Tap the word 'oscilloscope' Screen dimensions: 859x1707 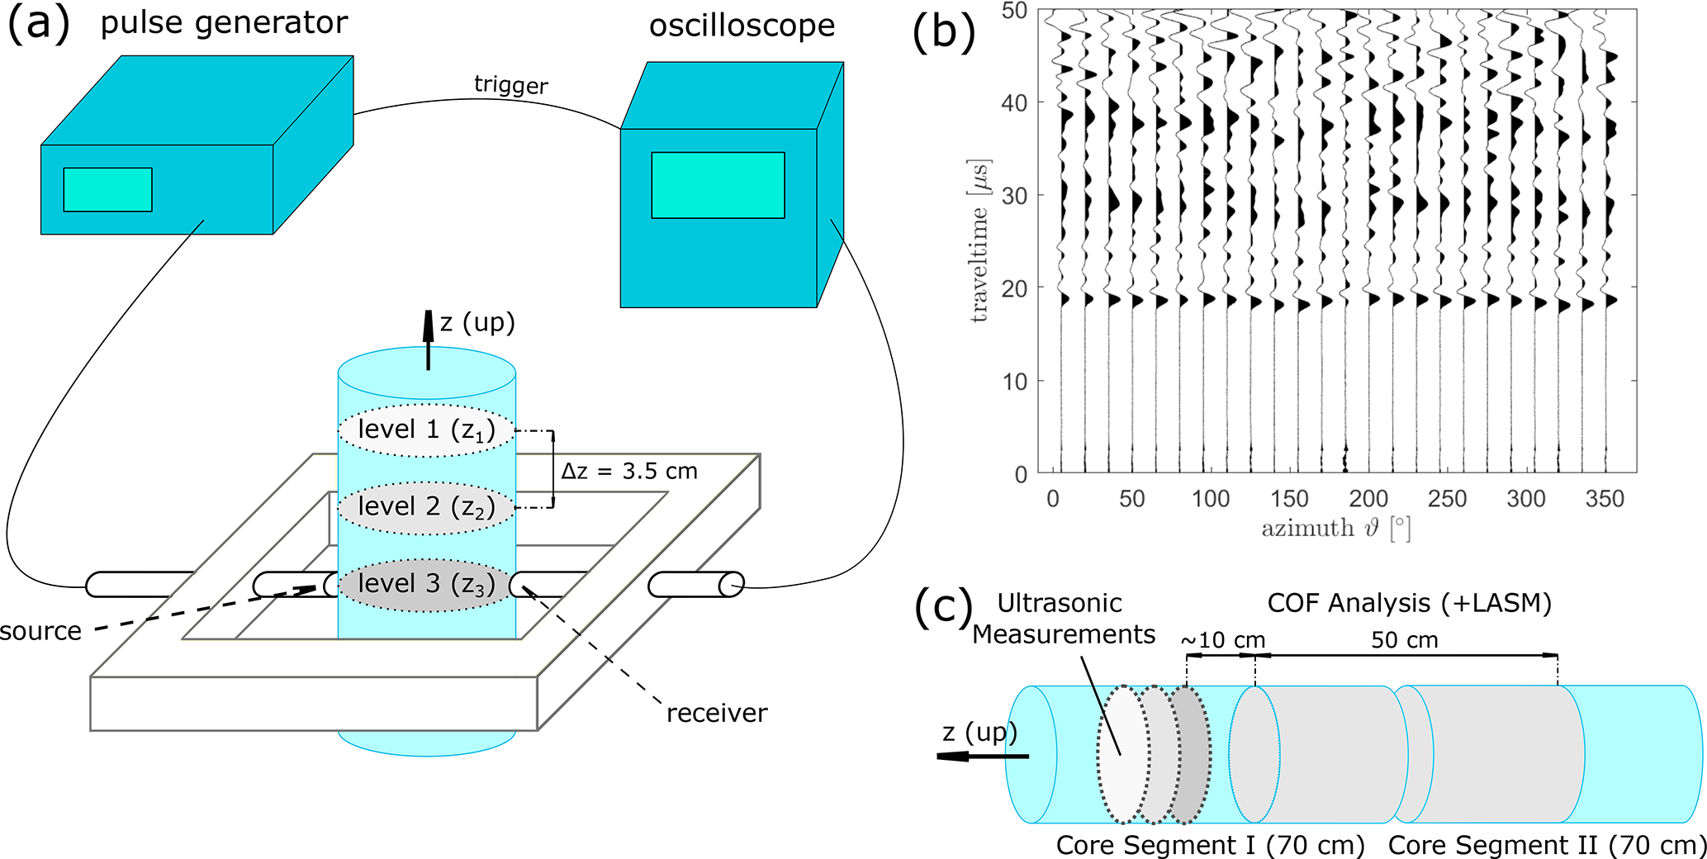pos(742,26)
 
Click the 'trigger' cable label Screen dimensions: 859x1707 pos(510,85)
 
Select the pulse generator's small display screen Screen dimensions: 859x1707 pos(107,189)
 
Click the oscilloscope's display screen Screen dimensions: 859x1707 pos(718,185)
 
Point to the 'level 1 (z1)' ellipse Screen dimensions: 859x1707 pos(426,430)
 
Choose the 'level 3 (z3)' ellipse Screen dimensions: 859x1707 pos(426,585)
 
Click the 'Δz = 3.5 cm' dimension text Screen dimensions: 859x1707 pos(629,472)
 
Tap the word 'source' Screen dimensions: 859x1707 pos(40,632)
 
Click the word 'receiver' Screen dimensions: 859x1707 pos(717,714)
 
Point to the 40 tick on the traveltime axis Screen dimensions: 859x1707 pos(1015,103)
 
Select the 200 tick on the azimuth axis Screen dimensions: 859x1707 pos(1368,499)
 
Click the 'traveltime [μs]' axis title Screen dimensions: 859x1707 pos(980,240)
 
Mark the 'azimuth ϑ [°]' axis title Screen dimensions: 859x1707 pos(1335,529)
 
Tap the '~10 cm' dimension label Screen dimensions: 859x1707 pos(1222,641)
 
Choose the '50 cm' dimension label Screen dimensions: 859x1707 pos(1405,641)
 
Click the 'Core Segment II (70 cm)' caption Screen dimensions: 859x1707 pos(1547,846)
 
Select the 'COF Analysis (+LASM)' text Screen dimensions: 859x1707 pos(1409,604)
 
